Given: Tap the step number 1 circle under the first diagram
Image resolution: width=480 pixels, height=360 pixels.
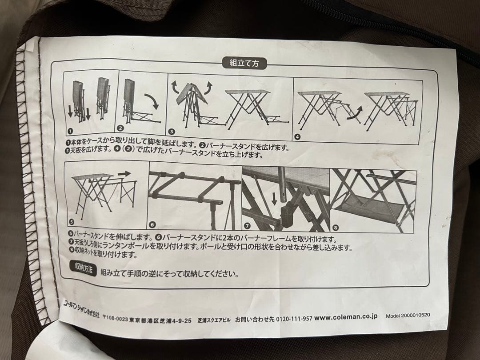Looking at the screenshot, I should point(69,131).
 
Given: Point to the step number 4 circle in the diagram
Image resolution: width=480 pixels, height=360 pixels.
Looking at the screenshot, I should point(297,136).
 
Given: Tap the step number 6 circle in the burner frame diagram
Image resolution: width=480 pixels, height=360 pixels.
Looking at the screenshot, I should point(154,224).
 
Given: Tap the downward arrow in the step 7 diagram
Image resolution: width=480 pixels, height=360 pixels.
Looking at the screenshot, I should point(274,197).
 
